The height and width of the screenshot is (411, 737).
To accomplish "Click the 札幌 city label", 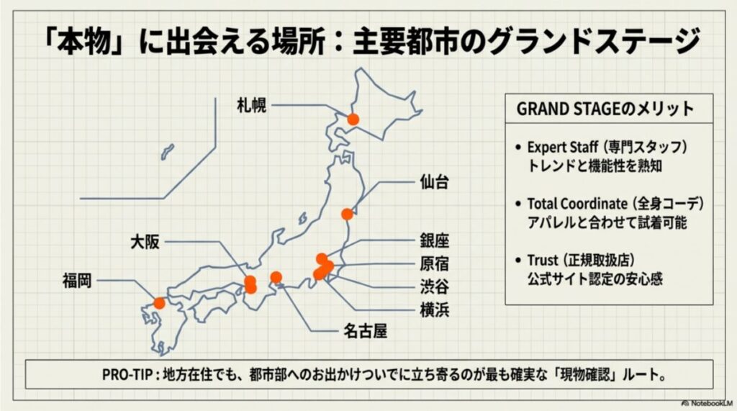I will coord(252,106).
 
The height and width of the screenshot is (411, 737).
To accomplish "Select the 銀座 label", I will coord(434,240).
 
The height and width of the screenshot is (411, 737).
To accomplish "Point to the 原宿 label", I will coord(434,263).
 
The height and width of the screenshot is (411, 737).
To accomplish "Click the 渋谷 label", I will coord(434,287).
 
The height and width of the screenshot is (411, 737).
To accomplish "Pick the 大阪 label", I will coord(145,240).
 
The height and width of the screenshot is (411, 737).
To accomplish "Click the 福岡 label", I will coord(78,280).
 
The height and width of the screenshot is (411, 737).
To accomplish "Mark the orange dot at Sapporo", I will coord(353,119).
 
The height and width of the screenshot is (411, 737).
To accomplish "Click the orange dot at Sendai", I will coord(347,214).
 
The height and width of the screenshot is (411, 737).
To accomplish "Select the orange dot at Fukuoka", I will coord(159,303).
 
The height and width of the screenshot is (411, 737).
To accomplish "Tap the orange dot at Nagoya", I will coord(276,277).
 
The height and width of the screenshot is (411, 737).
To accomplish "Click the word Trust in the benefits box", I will coord(542,260).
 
